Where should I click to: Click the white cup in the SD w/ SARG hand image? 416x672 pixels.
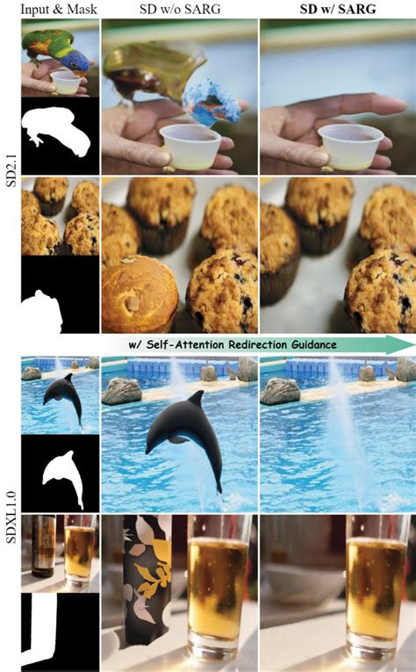tap(350, 144)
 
